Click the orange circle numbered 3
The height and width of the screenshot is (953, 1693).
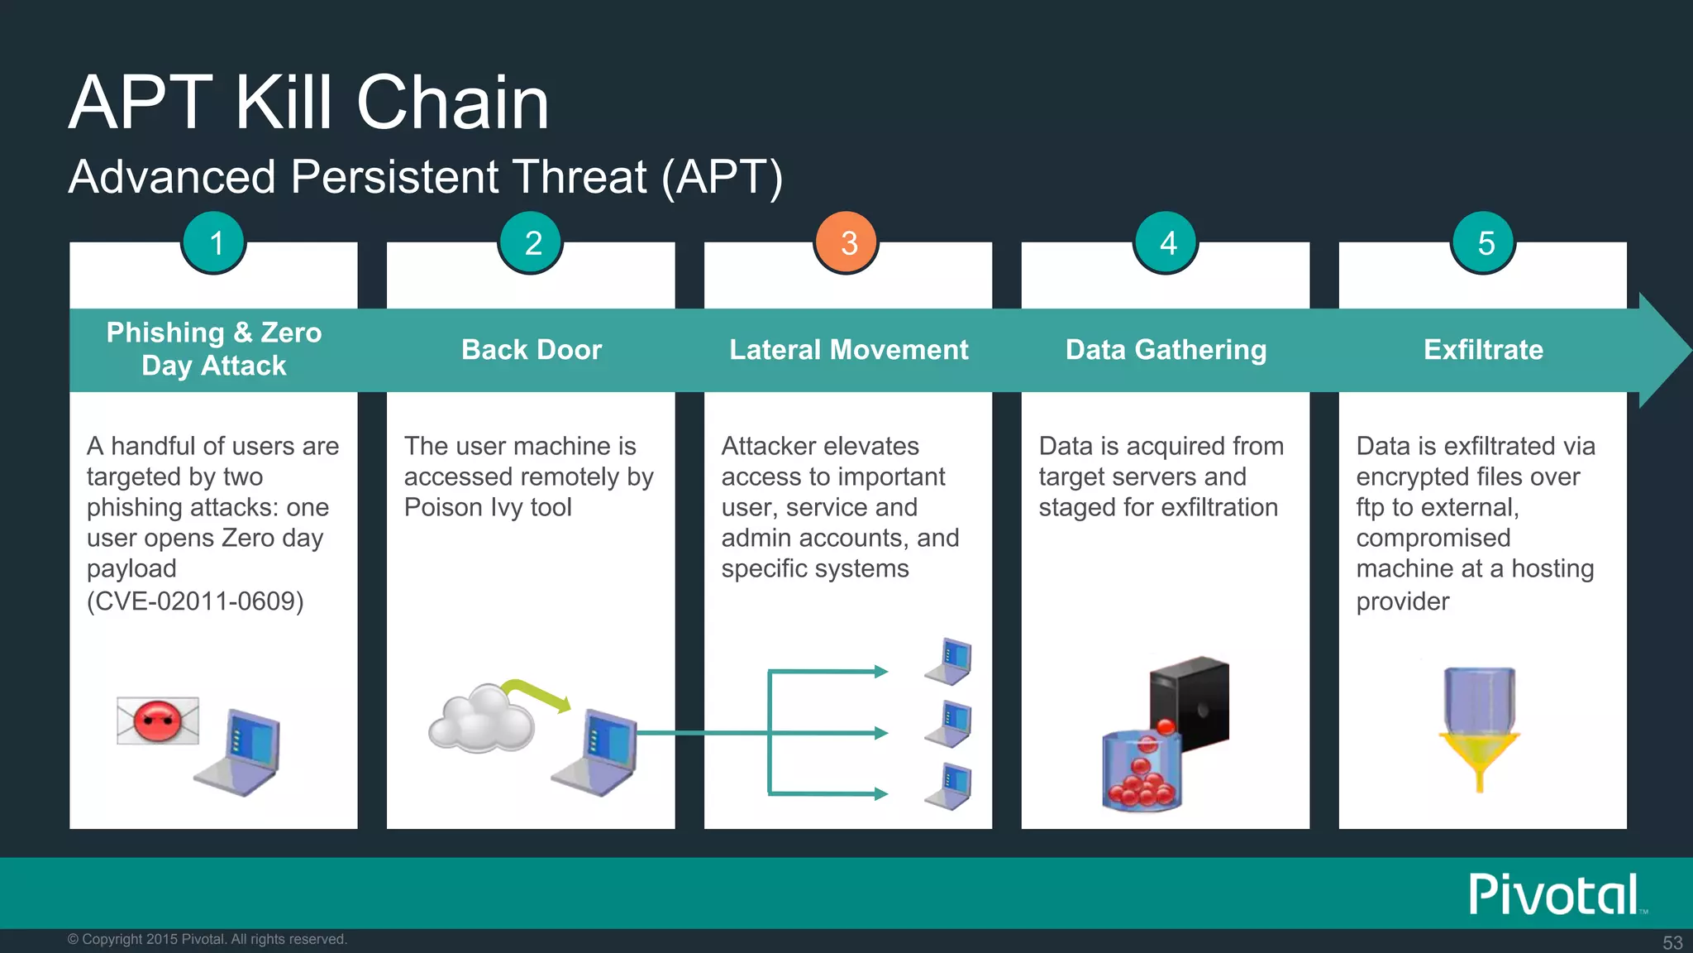[847, 242]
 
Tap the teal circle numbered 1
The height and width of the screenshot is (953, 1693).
[215, 242]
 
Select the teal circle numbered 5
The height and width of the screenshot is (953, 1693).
[1485, 242]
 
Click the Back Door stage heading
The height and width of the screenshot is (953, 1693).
[531, 350]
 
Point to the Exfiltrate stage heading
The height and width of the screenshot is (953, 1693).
[1483, 350]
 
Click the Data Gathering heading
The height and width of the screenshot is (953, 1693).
[1166, 350]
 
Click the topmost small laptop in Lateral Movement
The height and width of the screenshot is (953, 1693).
[950, 662]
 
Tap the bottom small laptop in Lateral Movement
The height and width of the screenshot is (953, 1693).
[950, 787]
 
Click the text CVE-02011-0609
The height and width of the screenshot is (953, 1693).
[195, 601]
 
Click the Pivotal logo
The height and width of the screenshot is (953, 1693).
[1554, 894]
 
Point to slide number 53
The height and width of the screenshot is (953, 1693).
[1672, 942]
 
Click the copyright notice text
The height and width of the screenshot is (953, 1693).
[207, 939]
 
